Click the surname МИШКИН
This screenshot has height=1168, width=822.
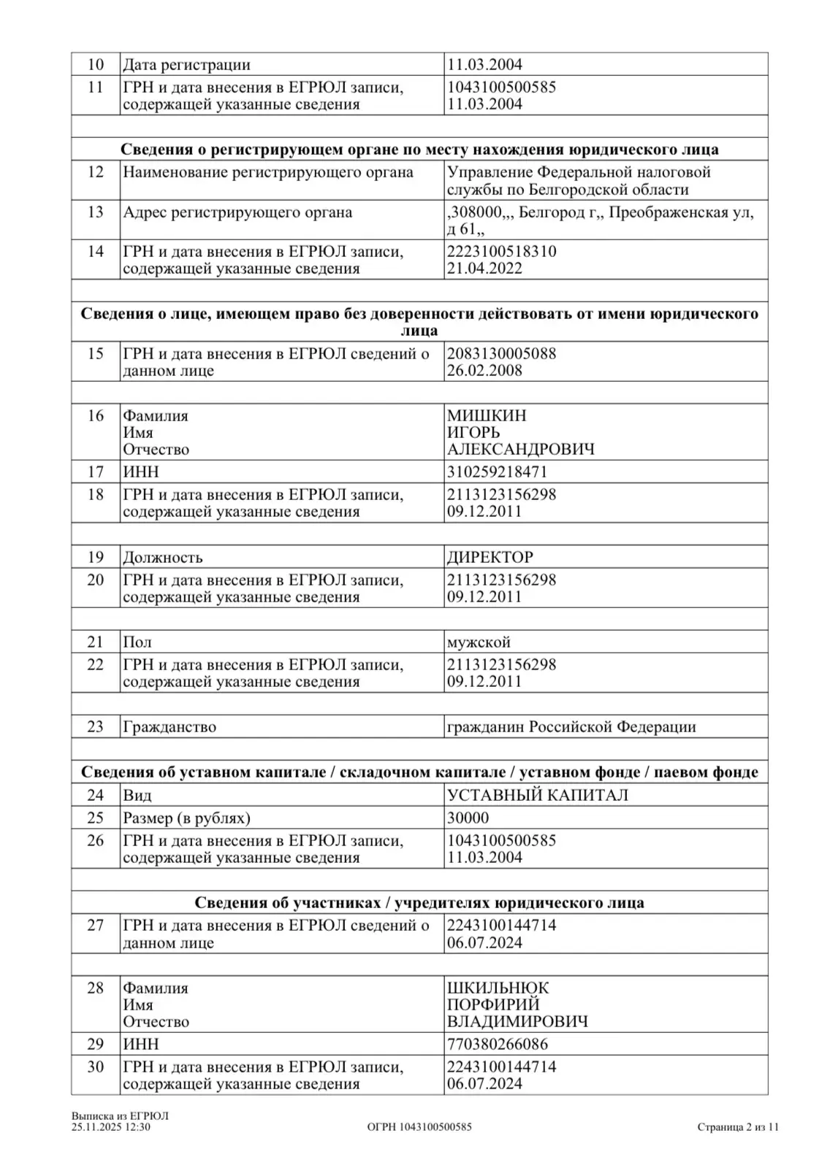coord(486,415)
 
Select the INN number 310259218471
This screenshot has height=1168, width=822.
coord(497,472)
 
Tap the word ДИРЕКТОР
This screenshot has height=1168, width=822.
coord(490,557)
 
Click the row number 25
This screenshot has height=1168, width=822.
coord(95,818)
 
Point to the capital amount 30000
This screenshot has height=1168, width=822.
coord(468,818)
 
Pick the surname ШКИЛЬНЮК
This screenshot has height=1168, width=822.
coord(498,988)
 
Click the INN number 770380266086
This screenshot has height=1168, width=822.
coord(498,1044)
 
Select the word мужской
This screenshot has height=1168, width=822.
coord(479,642)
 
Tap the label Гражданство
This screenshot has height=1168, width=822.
coord(170,727)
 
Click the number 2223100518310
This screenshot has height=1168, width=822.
coord(501,251)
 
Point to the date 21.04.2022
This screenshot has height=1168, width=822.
coord(484,268)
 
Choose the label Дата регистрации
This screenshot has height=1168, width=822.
coord(186,64)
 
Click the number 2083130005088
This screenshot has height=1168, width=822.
coord(501,353)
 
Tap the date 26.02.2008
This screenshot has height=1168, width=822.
coord(484,370)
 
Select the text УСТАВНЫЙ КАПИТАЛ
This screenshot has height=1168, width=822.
coord(538,795)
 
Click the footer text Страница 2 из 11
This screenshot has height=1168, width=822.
coord(738,1127)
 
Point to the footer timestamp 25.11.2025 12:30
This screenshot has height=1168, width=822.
coord(111,1127)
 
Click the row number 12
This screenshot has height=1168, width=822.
coord(95,172)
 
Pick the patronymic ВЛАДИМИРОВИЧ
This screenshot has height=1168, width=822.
coord(517,1021)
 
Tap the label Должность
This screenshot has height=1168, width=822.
coord(162,558)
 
